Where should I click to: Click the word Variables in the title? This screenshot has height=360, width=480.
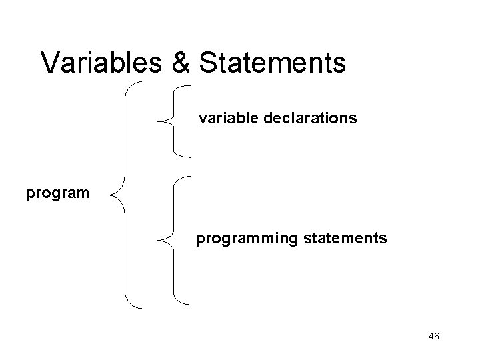[x=101, y=63]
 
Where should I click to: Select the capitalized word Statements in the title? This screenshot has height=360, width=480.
[x=273, y=63]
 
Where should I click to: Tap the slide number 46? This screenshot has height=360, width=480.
[x=433, y=336]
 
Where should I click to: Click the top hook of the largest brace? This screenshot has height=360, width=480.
[x=137, y=83]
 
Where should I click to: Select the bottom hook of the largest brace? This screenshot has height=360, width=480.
[x=137, y=306]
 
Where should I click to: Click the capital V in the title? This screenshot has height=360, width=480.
[x=49, y=63]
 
